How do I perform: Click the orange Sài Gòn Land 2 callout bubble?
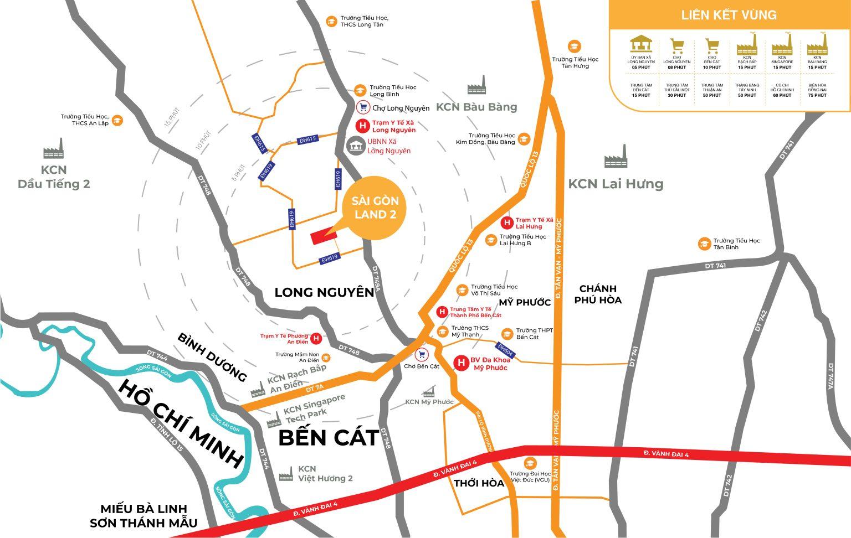click(x=375, y=208)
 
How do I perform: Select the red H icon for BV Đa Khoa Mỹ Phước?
click(x=460, y=363)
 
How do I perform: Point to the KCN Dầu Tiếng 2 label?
click(x=54, y=177)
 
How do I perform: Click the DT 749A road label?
click(x=377, y=280)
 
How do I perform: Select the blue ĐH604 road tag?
click(x=506, y=350)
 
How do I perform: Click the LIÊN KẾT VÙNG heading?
click(x=729, y=15)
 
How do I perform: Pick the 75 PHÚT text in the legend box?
click(x=817, y=95)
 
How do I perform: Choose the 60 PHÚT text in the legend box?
click(x=782, y=95)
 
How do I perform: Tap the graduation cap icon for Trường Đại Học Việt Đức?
click(x=530, y=463)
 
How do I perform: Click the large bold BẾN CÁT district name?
click(x=328, y=437)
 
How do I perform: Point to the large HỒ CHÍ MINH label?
click(x=181, y=423)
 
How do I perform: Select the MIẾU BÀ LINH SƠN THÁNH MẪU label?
click(x=143, y=516)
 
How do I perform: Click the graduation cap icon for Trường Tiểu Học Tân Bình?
click(x=704, y=244)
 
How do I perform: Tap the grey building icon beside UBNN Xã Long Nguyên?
click(x=355, y=146)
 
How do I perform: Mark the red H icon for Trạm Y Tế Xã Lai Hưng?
click(x=506, y=223)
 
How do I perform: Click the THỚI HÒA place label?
click(x=479, y=483)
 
